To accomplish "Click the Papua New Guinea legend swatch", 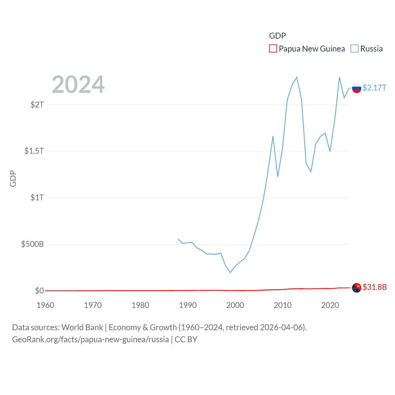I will pyautogui.click(x=273, y=49).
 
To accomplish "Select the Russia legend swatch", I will pyautogui.click(x=355, y=49).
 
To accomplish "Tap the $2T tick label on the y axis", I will pyautogui.click(x=37, y=105).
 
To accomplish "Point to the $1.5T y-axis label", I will pyautogui.click(x=34, y=151).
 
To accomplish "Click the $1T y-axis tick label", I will pyautogui.click(x=37, y=197).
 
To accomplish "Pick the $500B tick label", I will pyautogui.click(x=32, y=244).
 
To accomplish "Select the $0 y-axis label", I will pyautogui.click(x=39, y=291).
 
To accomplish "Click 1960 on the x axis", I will pyautogui.click(x=45, y=305).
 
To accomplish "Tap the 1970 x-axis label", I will pyautogui.click(x=93, y=305).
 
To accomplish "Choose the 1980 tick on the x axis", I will pyautogui.click(x=140, y=305).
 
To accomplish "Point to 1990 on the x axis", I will pyautogui.click(x=188, y=305).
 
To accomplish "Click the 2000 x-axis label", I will pyautogui.click(x=235, y=305).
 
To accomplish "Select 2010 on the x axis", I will pyautogui.click(x=283, y=305).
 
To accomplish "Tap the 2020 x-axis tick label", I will pyautogui.click(x=330, y=305).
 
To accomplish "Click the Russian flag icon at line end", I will pyautogui.click(x=356, y=88).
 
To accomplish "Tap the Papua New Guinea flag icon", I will pyautogui.click(x=356, y=288).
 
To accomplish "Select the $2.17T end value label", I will pyautogui.click(x=374, y=88).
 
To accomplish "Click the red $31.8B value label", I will pyautogui.click(x=375, y=287).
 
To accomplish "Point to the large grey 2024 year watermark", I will pyautogui.click(x=78, y=85).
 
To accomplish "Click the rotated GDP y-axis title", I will pyautogui.click(x=13, y=178).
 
